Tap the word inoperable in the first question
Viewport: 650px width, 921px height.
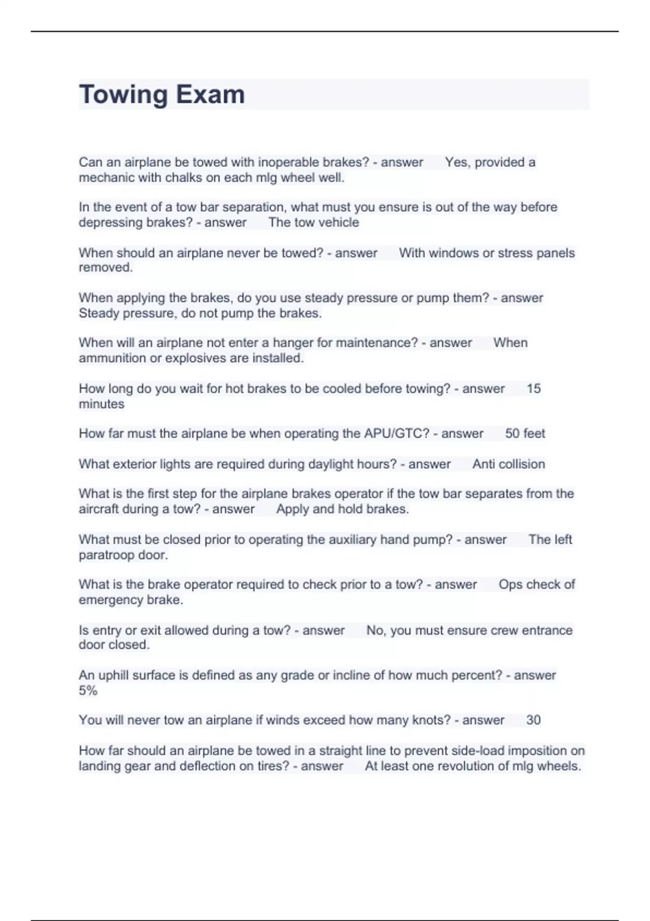[x=289, y=162]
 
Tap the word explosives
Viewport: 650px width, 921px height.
[x=196, y=358]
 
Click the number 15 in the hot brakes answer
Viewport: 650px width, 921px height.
[x=534, y=388]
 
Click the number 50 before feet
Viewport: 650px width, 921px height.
[x=512, y=433]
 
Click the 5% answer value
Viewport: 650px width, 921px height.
[x=88, y=690]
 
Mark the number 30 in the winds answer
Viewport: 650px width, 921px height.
[x=534, y=720]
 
